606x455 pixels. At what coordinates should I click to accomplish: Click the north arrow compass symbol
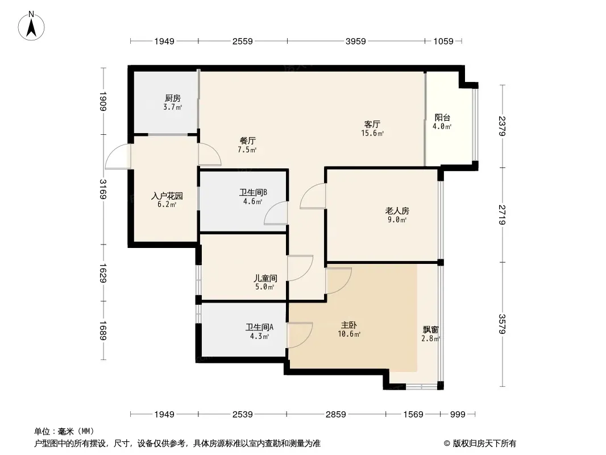(x=31, y=26)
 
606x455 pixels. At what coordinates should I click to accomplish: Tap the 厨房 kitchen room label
(x=172, y=98)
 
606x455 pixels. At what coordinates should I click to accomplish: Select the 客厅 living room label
(x=372, y=124)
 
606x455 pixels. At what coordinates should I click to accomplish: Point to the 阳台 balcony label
(x=442, y=118)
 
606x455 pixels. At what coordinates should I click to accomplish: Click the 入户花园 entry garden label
(x=167, y=196)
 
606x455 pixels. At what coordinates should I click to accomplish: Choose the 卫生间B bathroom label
(x=253, y=192)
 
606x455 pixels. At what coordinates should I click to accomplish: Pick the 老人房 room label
(x=397, y=210)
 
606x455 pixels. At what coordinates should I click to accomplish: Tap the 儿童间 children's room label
(x=265, y=278)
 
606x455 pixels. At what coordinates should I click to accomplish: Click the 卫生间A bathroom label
(x=259, y=328)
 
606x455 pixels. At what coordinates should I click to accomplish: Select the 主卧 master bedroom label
(x=349, y=325)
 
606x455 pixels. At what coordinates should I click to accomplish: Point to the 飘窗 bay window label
(x=430, y=330)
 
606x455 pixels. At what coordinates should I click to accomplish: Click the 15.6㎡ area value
(x=372, y=133)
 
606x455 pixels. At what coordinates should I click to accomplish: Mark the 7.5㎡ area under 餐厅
(x=247, y=150)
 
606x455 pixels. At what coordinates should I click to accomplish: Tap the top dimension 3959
(x=355, y=41)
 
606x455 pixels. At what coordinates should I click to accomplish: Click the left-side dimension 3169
(x=103, y=189)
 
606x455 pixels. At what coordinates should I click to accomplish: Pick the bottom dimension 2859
(x=335, y=415)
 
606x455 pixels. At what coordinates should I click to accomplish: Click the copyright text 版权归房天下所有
(x=484, y=444)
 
